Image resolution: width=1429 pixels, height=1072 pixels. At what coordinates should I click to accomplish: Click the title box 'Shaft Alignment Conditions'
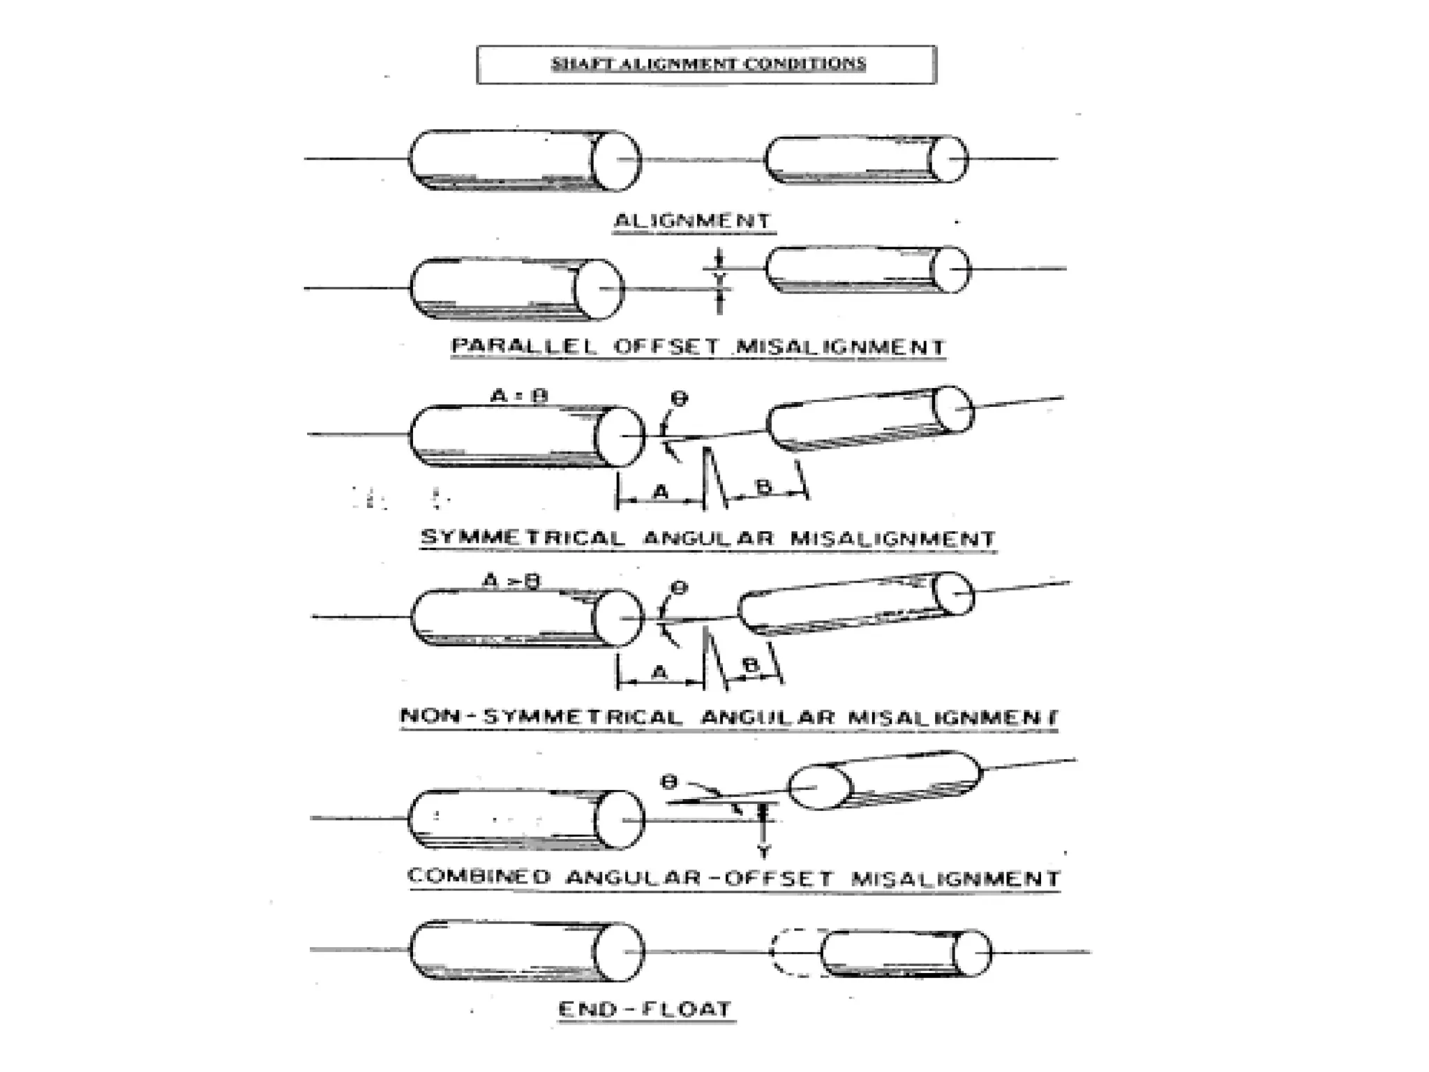706,64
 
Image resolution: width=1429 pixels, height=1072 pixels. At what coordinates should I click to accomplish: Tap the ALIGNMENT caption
693,221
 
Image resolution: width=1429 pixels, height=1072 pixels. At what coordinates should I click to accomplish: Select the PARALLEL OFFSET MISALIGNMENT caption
698,347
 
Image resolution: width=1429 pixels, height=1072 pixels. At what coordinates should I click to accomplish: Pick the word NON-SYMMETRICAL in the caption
541,717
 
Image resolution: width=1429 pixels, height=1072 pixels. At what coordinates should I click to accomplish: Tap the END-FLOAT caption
645,1009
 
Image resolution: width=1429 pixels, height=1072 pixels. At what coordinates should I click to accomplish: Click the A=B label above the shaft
520,396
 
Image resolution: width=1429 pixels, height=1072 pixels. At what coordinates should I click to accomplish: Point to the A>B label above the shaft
512,581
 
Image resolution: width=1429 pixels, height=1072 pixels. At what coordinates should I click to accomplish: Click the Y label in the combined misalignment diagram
765,852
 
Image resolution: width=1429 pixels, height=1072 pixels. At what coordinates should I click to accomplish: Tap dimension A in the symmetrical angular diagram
660,493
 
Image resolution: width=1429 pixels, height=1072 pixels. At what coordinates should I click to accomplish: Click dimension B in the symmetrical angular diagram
764,486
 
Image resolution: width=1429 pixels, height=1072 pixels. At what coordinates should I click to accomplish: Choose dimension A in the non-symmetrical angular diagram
659,673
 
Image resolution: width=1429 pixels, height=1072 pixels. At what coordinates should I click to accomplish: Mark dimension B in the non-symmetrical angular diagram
750,666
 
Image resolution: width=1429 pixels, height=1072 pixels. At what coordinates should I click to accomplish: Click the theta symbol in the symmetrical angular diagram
678,399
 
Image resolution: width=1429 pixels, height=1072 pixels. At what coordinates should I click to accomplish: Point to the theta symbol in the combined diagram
669,782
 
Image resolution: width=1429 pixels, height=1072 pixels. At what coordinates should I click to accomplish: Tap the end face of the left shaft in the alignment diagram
615,161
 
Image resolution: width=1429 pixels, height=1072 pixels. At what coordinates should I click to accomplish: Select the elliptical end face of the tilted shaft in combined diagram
820,787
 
